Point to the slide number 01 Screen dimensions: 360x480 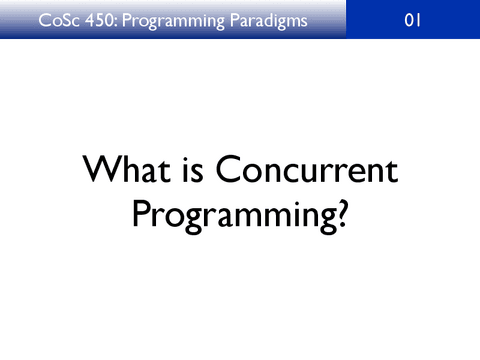pyautogui.click(x=413, y=21)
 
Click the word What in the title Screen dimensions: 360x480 pyautogui.click(x=122, y=171)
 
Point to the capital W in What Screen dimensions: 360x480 pyautogui.click(x=101, y=171)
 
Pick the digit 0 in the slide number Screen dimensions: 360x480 pyautogui.click(x=408, y=21)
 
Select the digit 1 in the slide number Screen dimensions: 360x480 pyautogui.click(x=419, y=21)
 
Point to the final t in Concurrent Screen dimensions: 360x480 pyautogui.click(x=391, y=172)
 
